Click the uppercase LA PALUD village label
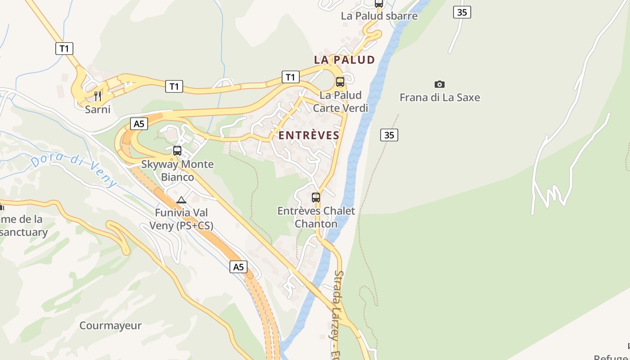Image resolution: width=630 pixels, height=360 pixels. click(x=344, y=60)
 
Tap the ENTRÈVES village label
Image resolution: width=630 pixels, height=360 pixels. click(x=309, y=135)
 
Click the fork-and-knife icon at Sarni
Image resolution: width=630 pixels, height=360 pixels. click(x=98, y=96)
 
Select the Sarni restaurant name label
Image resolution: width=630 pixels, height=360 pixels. click(x=98, y=109)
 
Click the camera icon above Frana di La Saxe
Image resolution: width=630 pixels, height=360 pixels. click(x=440, y=84)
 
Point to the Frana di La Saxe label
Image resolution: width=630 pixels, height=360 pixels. click(x=440, y=98)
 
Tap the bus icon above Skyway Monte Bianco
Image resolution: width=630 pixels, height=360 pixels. click(x=177, y=151)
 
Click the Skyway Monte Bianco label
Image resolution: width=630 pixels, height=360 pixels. click(x=177, y=171)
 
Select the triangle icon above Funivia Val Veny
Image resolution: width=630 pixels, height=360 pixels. click(x=181, y=200)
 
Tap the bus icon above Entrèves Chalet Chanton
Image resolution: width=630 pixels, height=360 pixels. click(x=316, y=197)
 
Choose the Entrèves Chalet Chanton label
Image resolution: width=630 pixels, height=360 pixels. click(x=316, y=217)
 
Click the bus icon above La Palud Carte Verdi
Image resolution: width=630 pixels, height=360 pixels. click(x=340, y=82)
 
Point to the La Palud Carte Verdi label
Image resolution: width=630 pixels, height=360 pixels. click(x=340, y=102)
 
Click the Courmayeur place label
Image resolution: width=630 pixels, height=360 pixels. click(x=110, y=326)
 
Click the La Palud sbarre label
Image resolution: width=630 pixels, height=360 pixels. click(x=379, y=16)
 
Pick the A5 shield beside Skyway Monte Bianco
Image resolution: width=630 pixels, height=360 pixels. click(x=139, y=124)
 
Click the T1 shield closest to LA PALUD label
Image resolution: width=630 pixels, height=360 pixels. click(x=290, y=77)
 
